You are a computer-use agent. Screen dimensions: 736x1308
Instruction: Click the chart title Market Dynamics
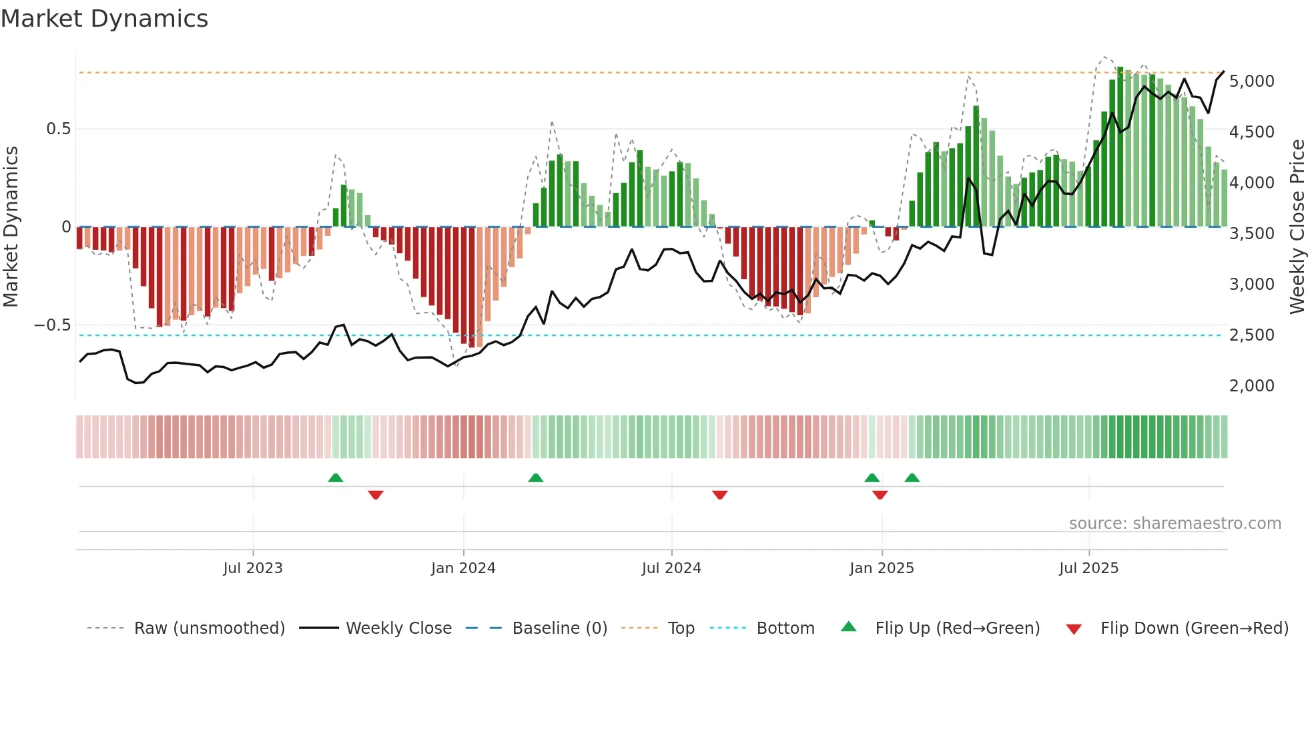tap(104, 19)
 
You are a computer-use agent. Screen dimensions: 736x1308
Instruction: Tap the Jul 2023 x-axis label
tap(253, 568)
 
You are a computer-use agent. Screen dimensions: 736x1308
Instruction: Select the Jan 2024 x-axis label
tap(463, 568)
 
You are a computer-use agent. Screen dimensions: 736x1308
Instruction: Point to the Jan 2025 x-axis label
tap(882, 568)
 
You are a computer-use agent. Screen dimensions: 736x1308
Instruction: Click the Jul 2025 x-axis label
tap(1088, 568)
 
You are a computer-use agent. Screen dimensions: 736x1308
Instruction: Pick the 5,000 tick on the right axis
tap(1251, 81)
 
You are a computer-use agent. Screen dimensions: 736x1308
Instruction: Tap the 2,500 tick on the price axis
tap(1251, 335)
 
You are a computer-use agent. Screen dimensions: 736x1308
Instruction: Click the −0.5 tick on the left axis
tap(52, 325)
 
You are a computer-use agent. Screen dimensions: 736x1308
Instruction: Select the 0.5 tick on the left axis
tap(58, 129)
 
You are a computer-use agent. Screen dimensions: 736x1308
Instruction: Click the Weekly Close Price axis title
tap(1297, 227)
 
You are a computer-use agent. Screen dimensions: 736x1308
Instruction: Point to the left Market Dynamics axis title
tap(11, 227)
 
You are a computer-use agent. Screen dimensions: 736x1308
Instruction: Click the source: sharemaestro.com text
tap(1175, 524)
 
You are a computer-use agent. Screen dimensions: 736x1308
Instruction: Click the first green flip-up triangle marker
tap(336, 478)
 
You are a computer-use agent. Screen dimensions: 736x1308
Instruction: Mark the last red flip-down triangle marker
tap(880, 495)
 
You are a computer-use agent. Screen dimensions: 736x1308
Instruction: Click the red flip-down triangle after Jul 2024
tap(719, 495)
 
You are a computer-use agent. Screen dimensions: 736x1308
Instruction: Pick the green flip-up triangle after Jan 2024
tap(535, 478)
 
